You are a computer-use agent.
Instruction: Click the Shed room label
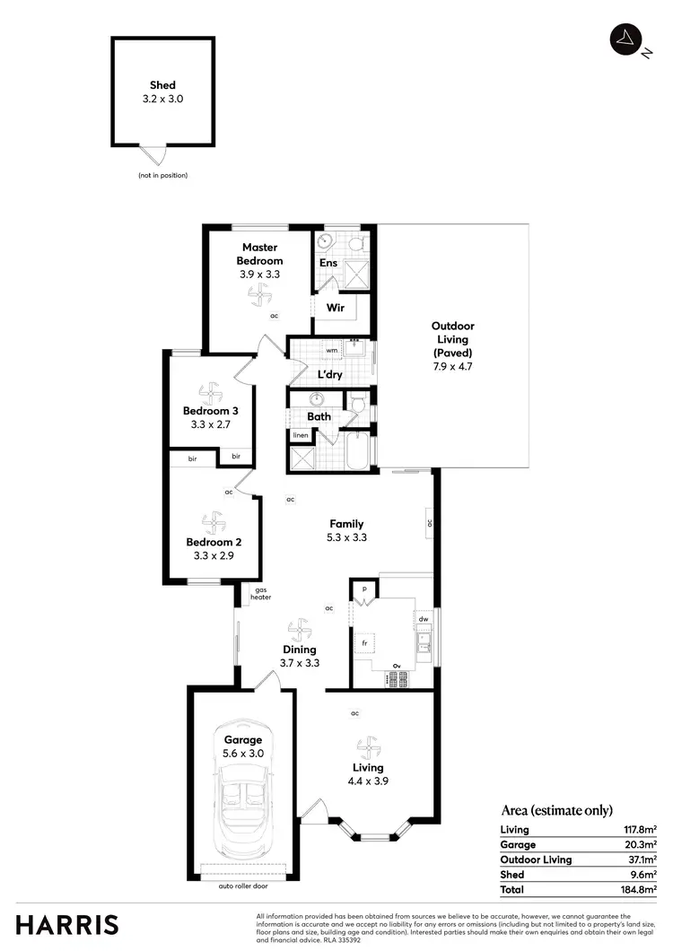(x=162, y=85)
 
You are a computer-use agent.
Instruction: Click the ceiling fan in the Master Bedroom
(x=259, y=293)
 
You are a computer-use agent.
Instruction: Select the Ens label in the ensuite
(x=328, y=263)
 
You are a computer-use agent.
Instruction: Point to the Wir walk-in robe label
(x=335, y=307)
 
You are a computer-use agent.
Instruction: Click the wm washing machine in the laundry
(x=331, y=350)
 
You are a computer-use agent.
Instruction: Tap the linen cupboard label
(x=300, y=435)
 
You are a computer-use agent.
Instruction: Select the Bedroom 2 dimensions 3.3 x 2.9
(x=214, y=556)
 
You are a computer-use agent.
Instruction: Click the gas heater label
(x=261, y=593)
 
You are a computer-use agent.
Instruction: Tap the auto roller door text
(x=242, y=886)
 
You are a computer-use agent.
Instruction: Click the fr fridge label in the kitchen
(x=364, y=643)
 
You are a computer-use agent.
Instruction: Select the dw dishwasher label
(x=423, y=618)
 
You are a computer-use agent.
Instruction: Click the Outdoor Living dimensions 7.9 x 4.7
(x=452, y=366)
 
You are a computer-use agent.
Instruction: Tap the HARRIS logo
(x=66, y=924)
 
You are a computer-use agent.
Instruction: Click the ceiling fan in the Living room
(x=367, y=746)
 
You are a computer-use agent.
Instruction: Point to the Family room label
(x=346, y=524)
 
